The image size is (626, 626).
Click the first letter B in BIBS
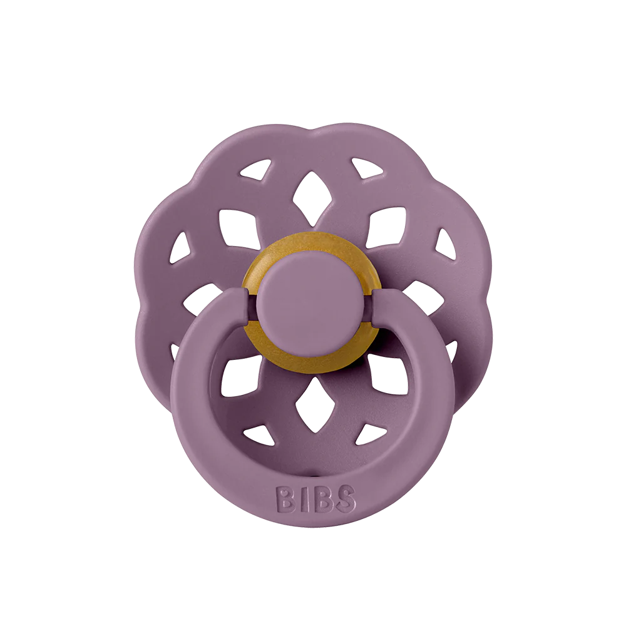coord(285,498)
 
